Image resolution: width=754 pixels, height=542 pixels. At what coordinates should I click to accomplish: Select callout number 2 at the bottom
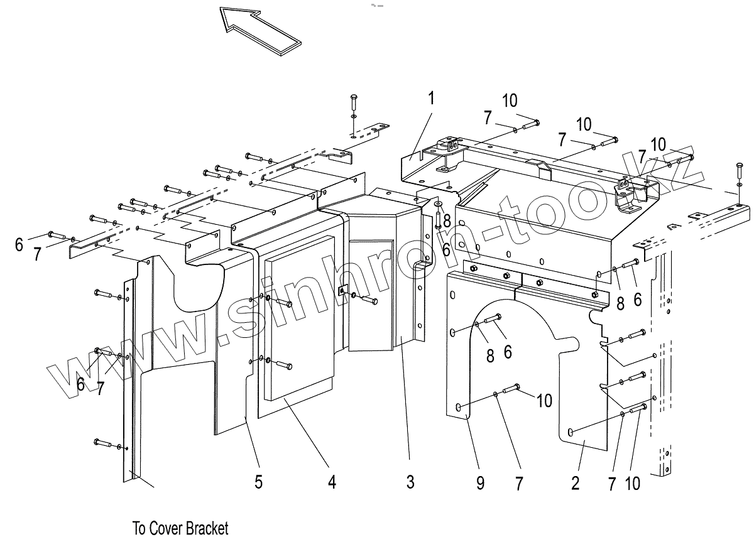[576, 482]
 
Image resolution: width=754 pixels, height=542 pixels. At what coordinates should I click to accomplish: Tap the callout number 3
[410, 482]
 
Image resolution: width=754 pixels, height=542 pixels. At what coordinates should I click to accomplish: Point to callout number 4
[332, 482]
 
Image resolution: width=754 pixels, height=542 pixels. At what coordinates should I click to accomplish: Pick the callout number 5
[258, 482]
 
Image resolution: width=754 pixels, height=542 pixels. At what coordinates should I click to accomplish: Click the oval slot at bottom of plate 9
[461, 408]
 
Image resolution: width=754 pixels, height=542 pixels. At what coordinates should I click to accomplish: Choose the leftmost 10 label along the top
[510, 100]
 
